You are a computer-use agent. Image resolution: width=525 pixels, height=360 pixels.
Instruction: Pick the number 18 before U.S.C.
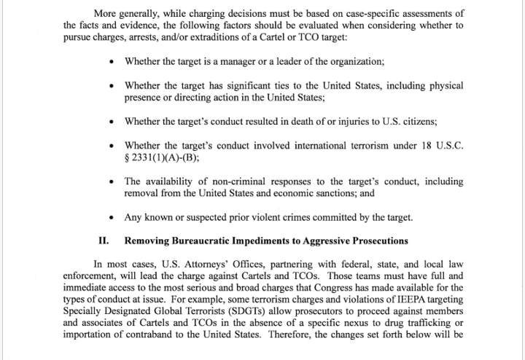click(x=426, y=145)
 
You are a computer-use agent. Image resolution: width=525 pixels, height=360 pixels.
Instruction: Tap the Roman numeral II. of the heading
click(x=104, y=240)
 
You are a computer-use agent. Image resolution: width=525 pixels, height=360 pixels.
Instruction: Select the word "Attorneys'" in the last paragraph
click(x=192, y=265)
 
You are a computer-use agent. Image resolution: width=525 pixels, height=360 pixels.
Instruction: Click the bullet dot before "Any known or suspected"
click(x=110, y=218)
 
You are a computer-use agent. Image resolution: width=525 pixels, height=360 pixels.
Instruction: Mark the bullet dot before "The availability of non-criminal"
click(x=110, y=181)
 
